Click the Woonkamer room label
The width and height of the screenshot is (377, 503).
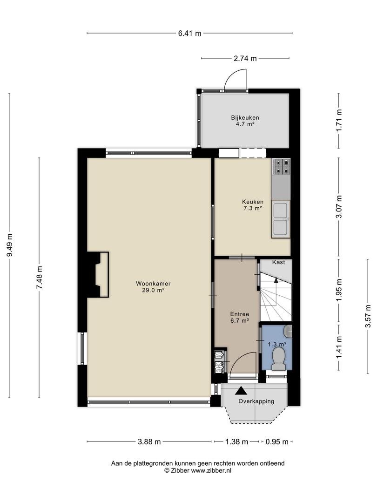[x=153, y=284]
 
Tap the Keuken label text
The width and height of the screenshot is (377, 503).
[x=253, y=202]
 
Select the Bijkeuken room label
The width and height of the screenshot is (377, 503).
[x=245, y=118]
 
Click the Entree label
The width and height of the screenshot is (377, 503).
[x=240, y=314]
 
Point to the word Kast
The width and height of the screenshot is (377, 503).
[x=278, y=262]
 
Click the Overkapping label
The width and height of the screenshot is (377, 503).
[x=256, y=401]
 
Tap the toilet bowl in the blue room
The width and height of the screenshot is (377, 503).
[x=279, y=358]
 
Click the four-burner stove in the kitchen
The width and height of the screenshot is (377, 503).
[x=281, y=166]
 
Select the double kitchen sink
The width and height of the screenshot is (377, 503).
[x=281, y=219]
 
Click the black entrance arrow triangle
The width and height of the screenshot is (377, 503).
[x=242, y=391]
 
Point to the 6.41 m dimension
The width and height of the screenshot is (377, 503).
[x=190, y=33]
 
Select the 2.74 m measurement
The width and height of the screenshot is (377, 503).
[x=245, y=58]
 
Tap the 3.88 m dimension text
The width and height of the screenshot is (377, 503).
[x=149, y=442]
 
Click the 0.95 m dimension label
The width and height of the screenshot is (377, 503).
[x=277, y=442]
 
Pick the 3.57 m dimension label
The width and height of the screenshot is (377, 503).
[x=368, y=316]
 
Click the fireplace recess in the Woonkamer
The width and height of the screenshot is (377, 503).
[x=101, y=275]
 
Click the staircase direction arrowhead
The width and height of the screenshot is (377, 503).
[x=276, y=280]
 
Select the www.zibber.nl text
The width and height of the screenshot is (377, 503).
[x=211, y=470]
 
